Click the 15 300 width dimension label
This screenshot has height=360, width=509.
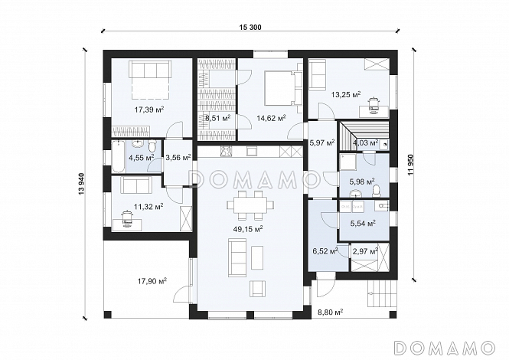pos(250,28)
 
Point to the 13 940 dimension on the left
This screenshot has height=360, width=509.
pos(81,185)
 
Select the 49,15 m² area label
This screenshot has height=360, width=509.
pos(248,229)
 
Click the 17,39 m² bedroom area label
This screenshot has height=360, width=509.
pos(149,110)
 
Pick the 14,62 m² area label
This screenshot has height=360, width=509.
pos(271,118)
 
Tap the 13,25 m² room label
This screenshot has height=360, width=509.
pos(346,94)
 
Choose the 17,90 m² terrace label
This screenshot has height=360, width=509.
pos(152,280)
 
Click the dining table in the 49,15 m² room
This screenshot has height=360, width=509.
pos(250,205)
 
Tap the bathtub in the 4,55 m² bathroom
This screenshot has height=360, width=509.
pos(118,156)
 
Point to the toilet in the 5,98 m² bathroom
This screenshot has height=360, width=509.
pos(377,191)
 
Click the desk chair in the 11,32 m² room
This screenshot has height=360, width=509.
pos(127,218)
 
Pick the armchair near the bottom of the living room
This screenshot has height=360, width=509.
pos(258,289)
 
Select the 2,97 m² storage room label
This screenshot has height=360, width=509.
pos(365,251)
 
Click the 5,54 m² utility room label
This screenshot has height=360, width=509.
pos(363,223)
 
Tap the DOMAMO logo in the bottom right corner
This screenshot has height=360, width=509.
pos(444,348)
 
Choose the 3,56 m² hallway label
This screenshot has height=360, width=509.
pos(178,158)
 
